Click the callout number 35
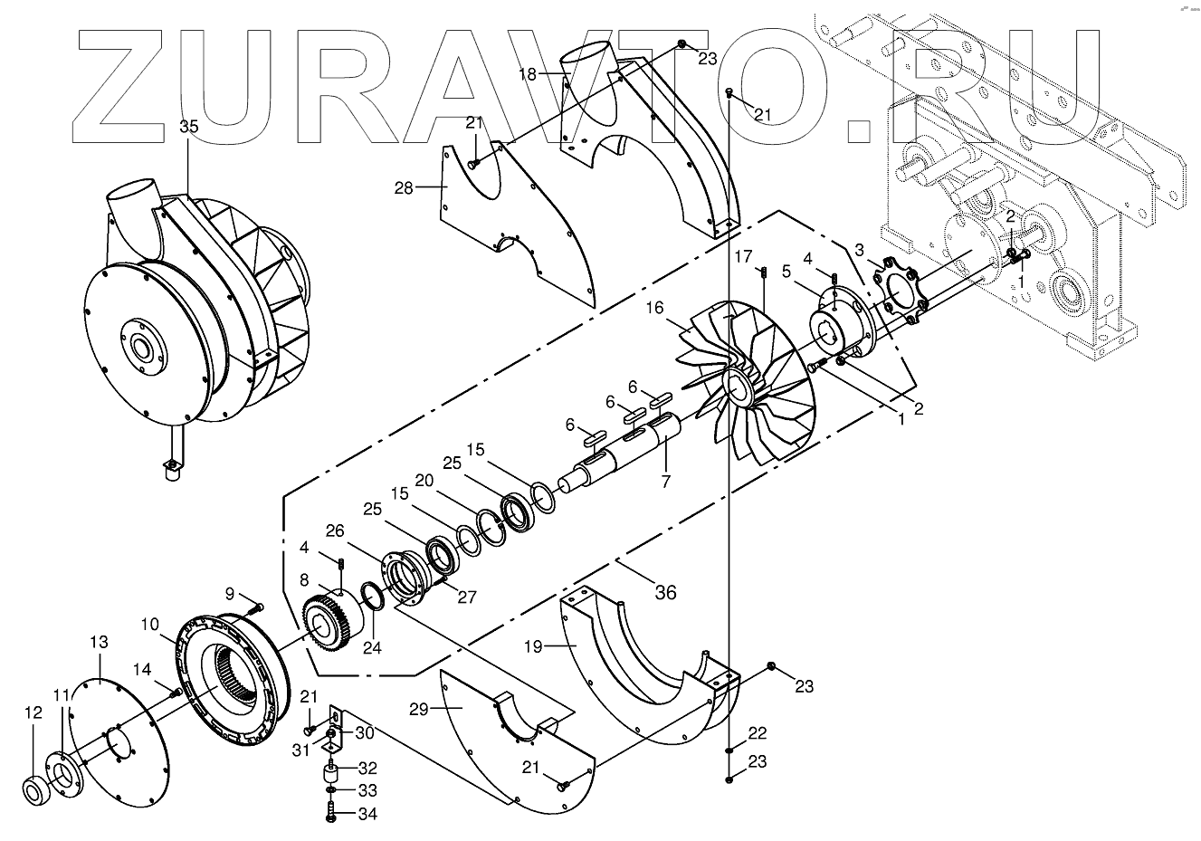pyautogui.click(x=187, y=127)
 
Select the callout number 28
pyautogui.click(x=404, y=188)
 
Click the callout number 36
pyautogui.click(x=665, y=593)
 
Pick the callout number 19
pyautogui.click(x=533, y=647)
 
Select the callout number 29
pyautogui.click(x=417, y=709)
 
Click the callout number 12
pyautogui.click(x=33, y=713)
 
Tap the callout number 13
pyautogui.click(x=99, y=642)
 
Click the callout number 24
pyautogui.click(x=372, y=648)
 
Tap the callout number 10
pyautogui.click(x=150, y=625)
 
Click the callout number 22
pyautogui.click(x=758, y=732)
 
